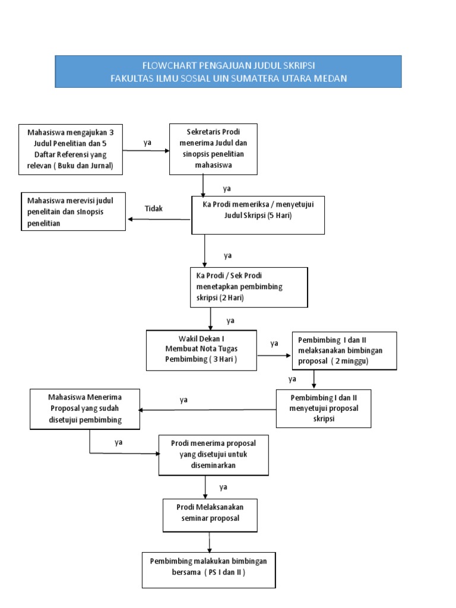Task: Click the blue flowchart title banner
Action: [x=228, y=71]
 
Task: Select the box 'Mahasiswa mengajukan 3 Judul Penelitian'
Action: [x=71, y=149]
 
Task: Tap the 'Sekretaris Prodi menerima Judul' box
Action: [x=213, y=148]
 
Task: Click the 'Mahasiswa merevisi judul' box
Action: [x=74, y=212]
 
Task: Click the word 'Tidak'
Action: [x=154, y=208]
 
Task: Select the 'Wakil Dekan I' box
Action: [x=202, y=350]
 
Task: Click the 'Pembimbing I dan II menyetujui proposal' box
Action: [x=324, y=408]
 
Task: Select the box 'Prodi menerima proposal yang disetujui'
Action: [x=213, y=454]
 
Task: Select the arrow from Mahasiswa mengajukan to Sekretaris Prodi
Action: [x=147, y=151]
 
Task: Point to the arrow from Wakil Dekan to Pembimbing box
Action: [x=274, y=356]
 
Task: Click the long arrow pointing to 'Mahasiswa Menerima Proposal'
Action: [x=208, y=410]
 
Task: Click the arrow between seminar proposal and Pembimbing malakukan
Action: [x=210, y=541]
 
